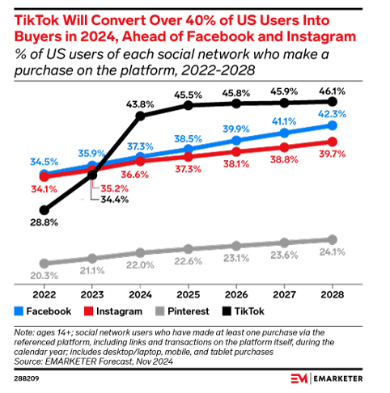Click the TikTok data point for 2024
(x=141, y=116)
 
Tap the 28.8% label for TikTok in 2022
(x=32, y=221)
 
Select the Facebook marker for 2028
(x=332, y=126)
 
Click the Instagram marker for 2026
(x=236, y=151)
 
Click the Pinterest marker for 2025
(x=189, y=249)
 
